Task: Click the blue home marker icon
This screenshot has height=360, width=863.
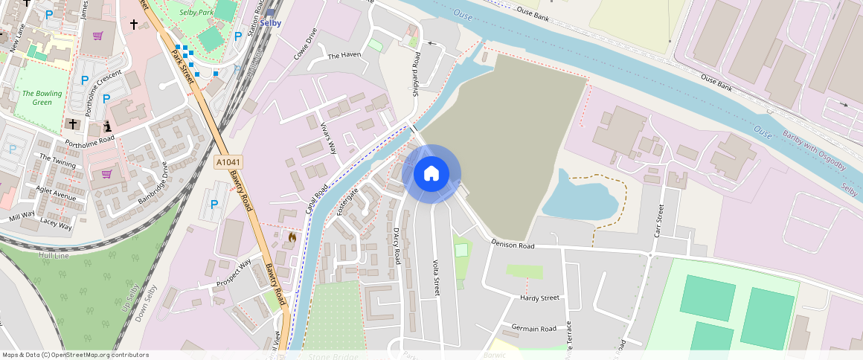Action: (x=431, y=174)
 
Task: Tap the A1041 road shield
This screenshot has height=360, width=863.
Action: (x=228, y=162)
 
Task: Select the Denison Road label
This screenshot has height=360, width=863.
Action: (x=513, y=245)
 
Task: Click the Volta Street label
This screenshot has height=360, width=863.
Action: (x=437, y=277)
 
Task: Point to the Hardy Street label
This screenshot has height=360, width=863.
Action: (x=539, y=298)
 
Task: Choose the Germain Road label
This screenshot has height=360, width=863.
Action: (x=533, y=329)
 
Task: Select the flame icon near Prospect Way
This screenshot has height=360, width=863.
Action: (x=292, y=237)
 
